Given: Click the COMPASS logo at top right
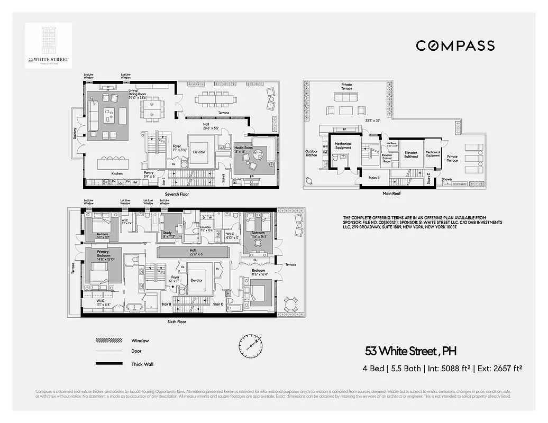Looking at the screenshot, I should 455,46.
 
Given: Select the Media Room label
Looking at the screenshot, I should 243,150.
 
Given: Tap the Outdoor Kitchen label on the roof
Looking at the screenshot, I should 312,153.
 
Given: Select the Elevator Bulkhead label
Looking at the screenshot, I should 411,155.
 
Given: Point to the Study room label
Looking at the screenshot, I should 167,234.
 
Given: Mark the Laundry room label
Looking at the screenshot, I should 206,228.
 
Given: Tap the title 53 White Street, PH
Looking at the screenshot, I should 410,351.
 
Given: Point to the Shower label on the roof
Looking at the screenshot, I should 447,179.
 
